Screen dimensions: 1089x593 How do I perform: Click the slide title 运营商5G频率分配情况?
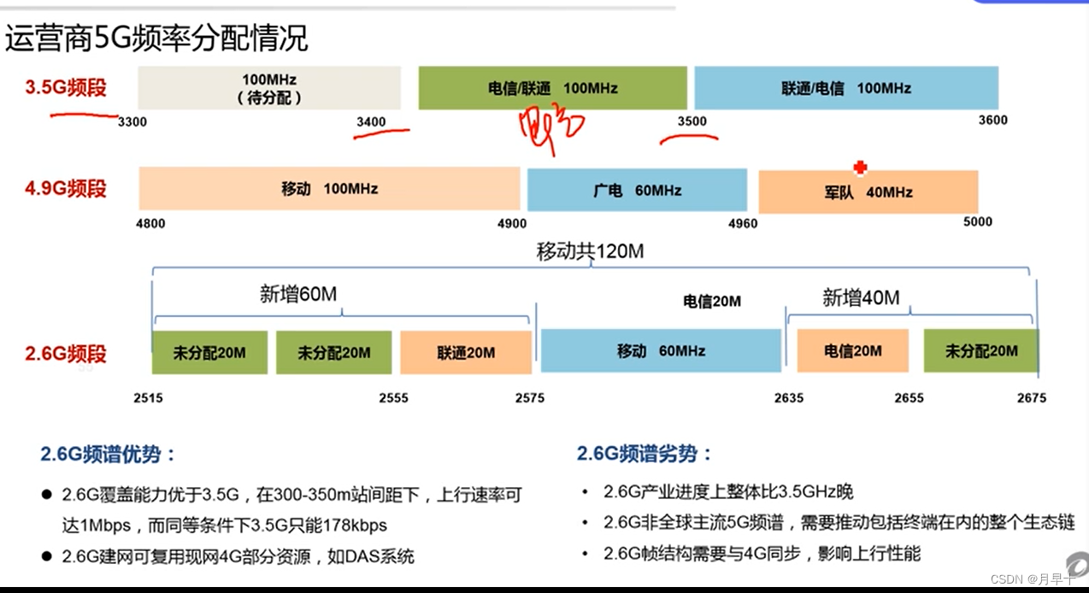(x=156, y=38)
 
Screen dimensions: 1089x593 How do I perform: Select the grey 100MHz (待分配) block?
(x=269, y=88)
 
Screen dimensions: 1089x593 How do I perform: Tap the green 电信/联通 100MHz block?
(x=552, y=88)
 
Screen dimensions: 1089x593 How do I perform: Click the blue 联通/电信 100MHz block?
(x=845, y=88)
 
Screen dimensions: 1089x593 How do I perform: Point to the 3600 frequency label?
(x=992, y=120)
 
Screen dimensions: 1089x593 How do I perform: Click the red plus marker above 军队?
(x=860, y=168)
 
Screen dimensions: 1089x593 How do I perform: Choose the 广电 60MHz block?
(x=637, y=190)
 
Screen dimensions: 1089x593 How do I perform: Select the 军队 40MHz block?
(x=868, y=191)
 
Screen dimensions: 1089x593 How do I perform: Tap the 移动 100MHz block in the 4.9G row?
(x=329, y=189)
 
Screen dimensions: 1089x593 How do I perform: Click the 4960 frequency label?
(x=742, y=223)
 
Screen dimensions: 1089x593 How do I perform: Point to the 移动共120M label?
(x=590, y=251)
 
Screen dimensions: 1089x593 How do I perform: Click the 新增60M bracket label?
(x=298, y=295)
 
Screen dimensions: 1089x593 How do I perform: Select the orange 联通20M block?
(x=465, y=352)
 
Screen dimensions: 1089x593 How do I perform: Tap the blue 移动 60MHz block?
(x=661, y=350)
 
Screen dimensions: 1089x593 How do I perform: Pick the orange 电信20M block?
(x=852, y=350)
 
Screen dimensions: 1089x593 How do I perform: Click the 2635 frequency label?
(x=789, y=397)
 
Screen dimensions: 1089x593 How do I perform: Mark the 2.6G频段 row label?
(x=66, y=353)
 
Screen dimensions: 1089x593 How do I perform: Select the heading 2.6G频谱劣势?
(x=645, y=454)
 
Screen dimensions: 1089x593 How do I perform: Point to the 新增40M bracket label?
(x=861, y=297)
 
